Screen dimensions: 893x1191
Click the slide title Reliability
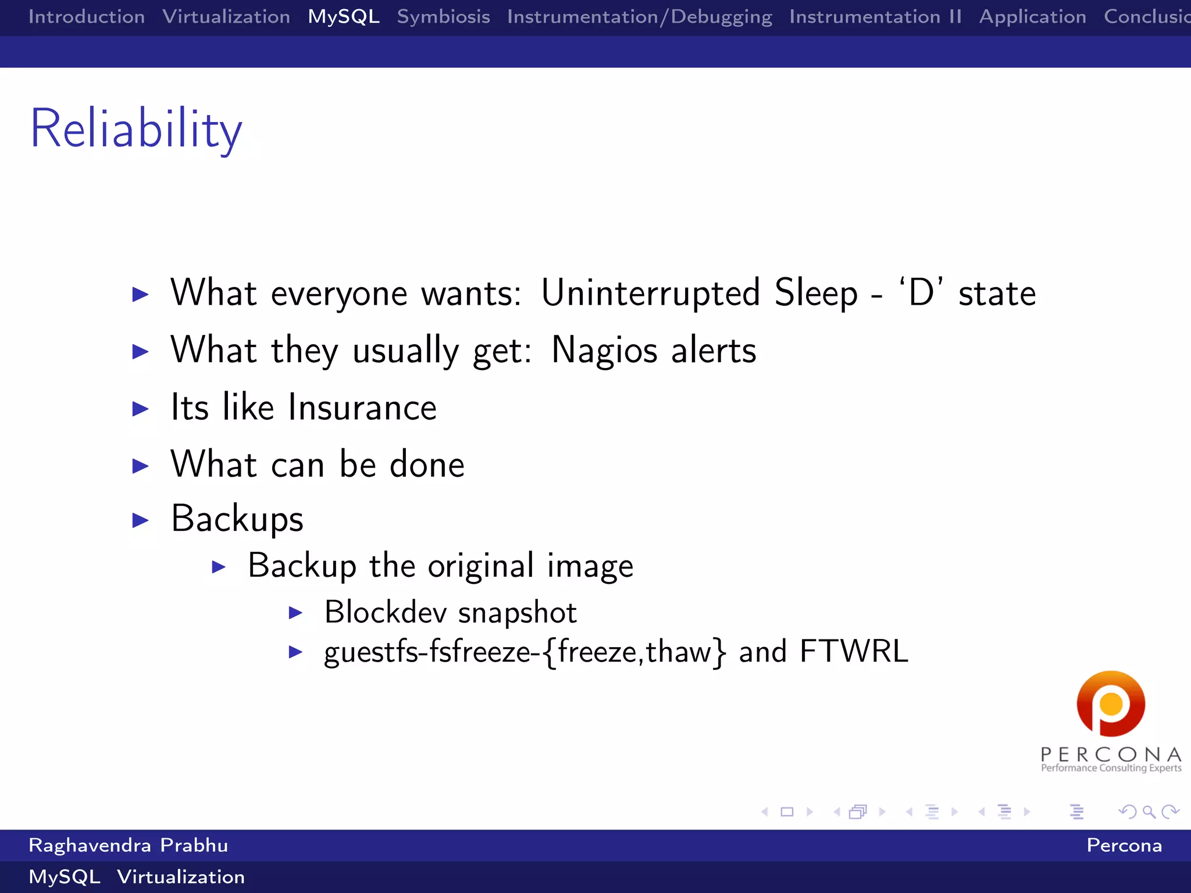[136, 129]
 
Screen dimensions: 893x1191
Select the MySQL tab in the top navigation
[344, 17]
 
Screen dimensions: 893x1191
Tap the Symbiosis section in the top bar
[443, 17]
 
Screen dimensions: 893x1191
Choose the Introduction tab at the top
[87, 17]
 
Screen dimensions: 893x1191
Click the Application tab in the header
[1032, 17]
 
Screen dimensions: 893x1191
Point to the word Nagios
[604, 351]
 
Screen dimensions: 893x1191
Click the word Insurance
[362, 408]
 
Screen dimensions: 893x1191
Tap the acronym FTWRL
[854, 652]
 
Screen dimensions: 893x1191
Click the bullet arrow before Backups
[140, 520]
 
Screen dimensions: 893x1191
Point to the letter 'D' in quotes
[921, 292]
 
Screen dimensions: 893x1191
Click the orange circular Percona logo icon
[1111, 704]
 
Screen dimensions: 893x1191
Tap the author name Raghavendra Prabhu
[128, 845]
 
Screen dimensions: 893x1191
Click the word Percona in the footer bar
[1124, 845]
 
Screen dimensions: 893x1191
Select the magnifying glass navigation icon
[1149, 812]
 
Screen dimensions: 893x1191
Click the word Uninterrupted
[650, 292]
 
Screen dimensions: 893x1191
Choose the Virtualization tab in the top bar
[226, 17]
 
